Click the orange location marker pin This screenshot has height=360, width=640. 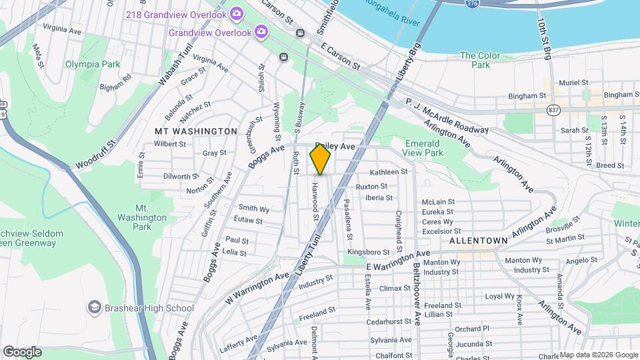coord(320,159)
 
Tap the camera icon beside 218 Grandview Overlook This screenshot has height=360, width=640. coord(237,13)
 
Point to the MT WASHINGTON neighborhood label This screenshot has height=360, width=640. coord(196,131)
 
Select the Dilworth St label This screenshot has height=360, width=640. coord(181,177)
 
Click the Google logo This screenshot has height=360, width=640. coord(21,351)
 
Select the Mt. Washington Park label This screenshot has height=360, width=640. coord(142,213)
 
